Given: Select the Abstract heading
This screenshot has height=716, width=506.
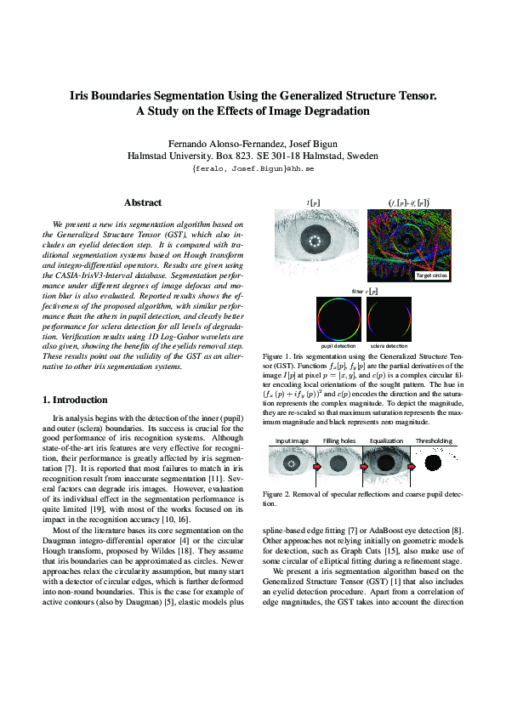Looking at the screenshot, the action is point(143,202).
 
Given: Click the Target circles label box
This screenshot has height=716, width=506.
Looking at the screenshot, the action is point(433,276).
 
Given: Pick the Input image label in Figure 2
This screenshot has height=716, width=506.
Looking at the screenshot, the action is point(290,441).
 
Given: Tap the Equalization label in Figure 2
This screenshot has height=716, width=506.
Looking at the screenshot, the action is point(387,441).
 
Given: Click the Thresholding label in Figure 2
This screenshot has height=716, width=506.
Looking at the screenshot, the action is point(434,441).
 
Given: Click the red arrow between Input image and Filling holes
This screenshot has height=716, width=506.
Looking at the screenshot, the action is point(316,466).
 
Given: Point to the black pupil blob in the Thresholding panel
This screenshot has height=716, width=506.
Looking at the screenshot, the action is point(433,464).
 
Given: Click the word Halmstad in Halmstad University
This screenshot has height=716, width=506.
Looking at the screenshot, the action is point(151,156).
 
